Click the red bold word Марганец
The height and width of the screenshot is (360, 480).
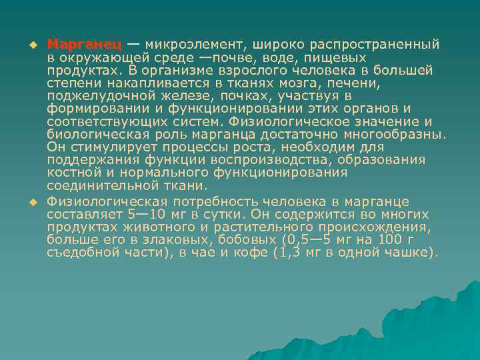click(x=84, y=45)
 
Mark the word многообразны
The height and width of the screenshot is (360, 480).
click(x=395, y=134)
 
